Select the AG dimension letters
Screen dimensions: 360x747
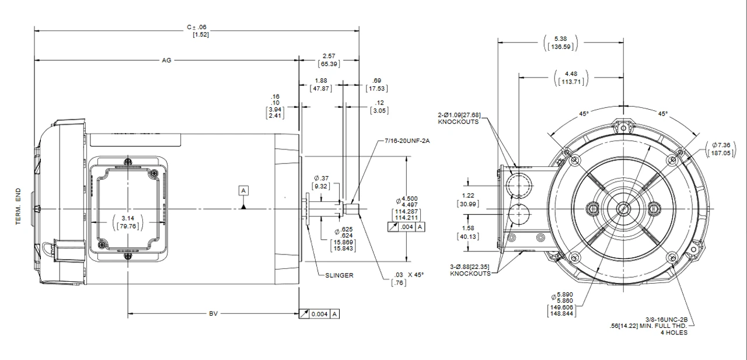(166, 60)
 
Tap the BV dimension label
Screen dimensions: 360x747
(214, 314)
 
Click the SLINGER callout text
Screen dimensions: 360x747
(339, 275)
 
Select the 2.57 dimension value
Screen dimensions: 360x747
(329, 56)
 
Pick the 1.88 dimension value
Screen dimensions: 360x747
(320, 81)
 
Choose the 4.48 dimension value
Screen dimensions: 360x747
(570, 74)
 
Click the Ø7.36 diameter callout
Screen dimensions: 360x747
(722, 144)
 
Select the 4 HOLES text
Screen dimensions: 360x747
(673, 333)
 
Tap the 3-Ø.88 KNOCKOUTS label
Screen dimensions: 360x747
(470, 270)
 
